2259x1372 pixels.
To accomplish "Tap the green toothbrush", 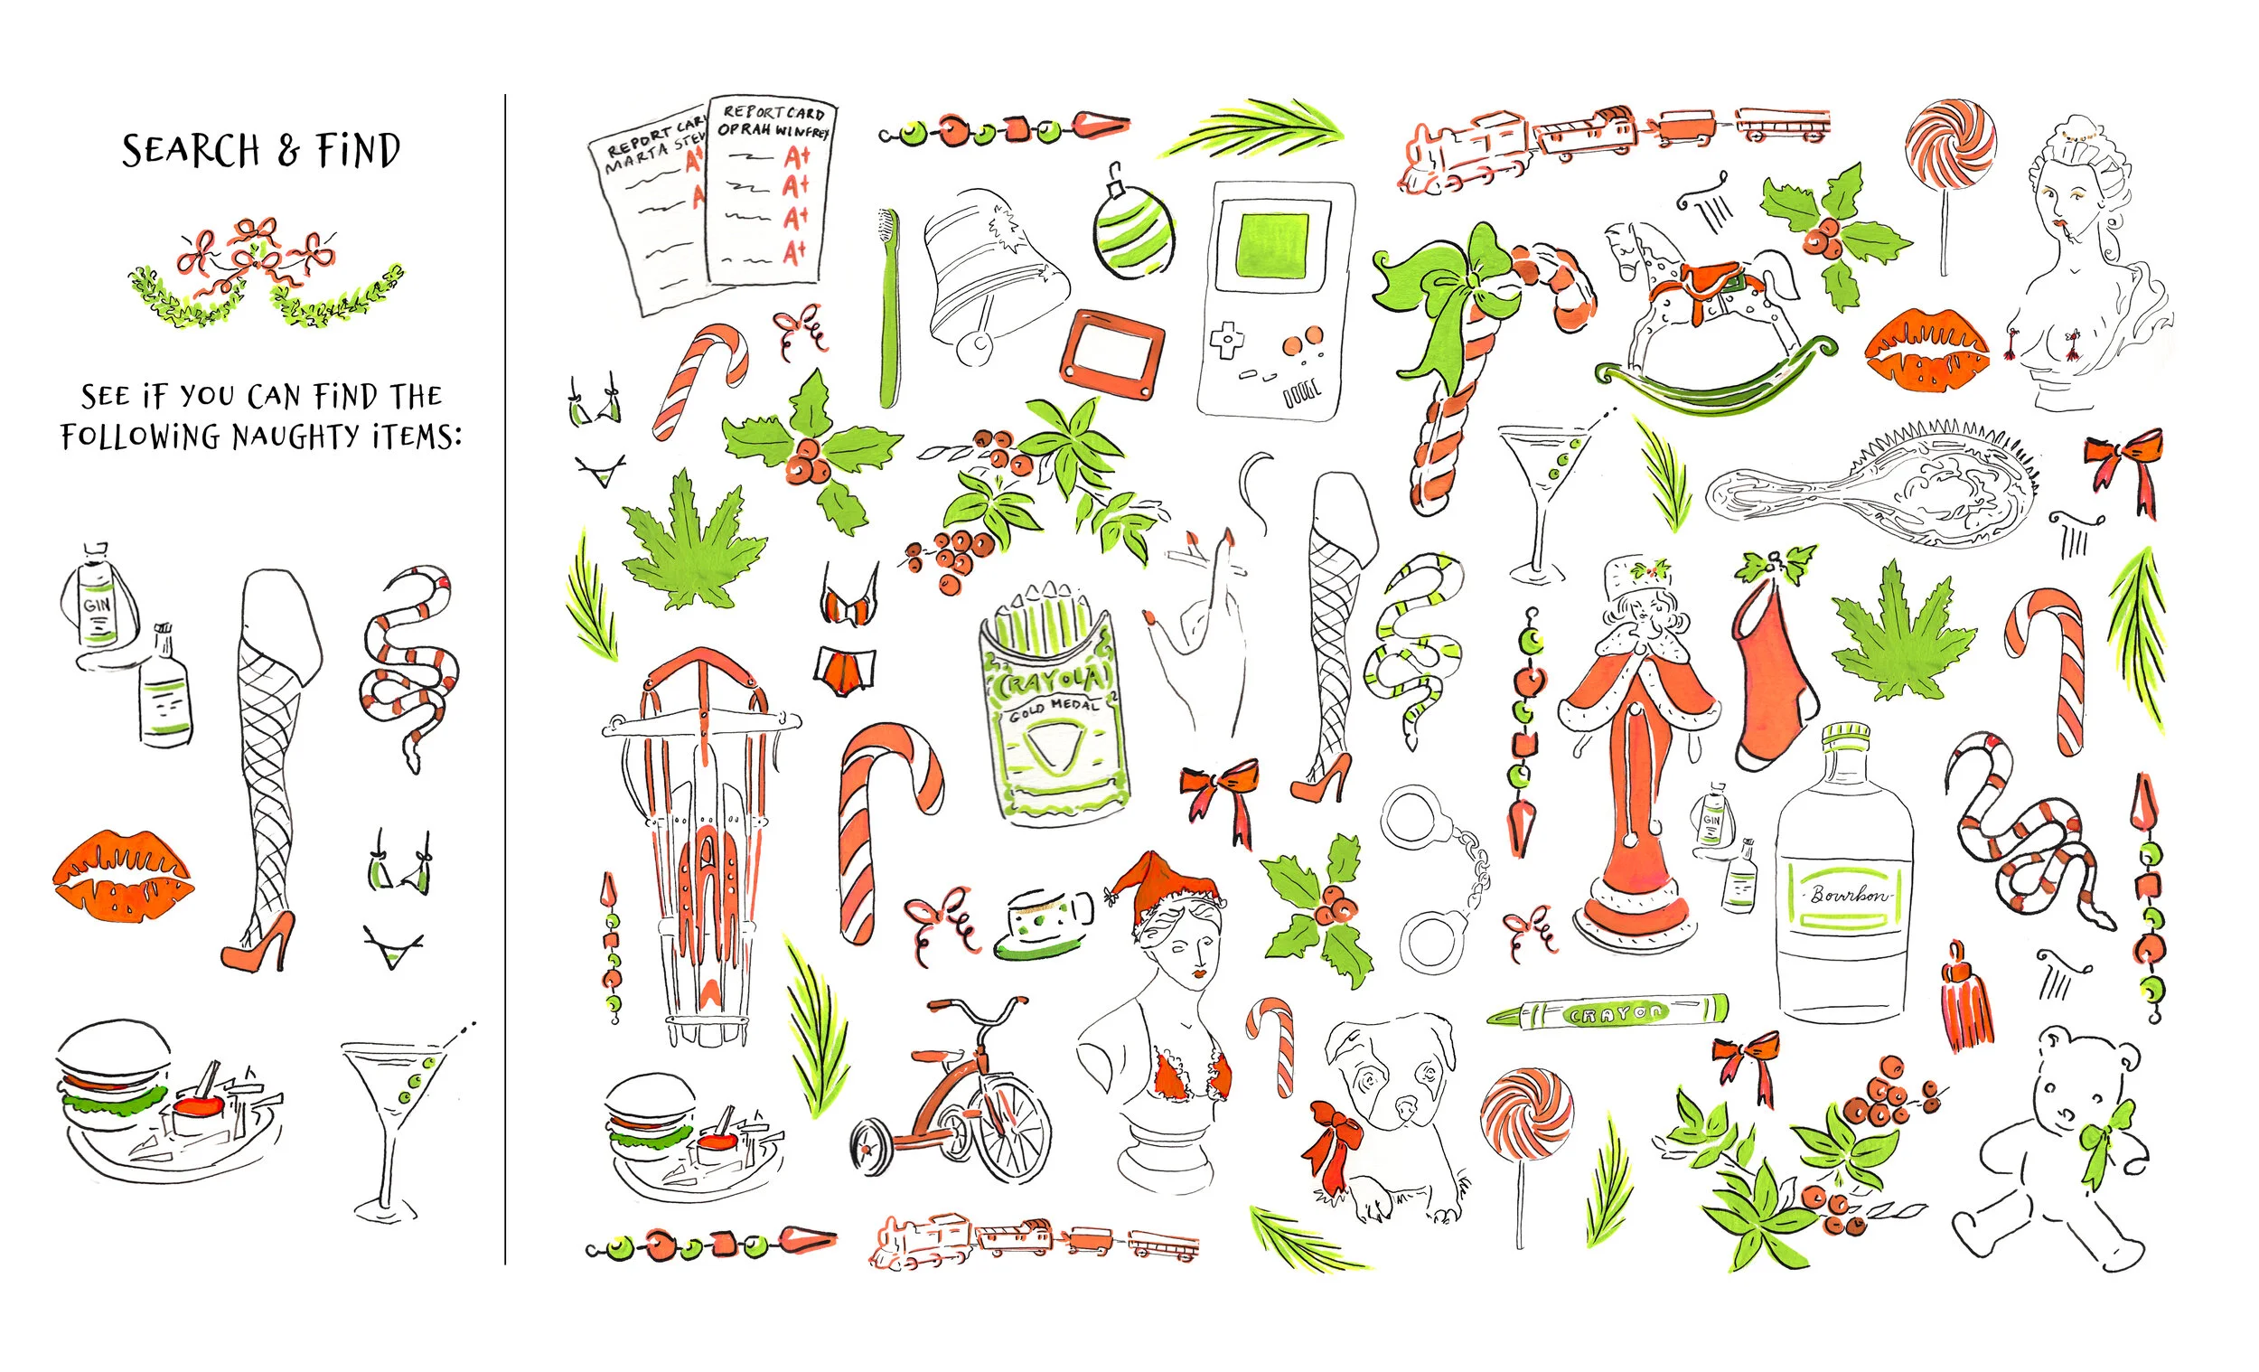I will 888,312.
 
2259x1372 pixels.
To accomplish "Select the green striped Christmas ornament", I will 1132,231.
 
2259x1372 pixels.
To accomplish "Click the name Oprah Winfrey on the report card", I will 773,130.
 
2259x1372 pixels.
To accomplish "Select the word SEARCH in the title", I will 191,151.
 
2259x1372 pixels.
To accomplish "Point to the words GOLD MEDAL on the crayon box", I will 1054,709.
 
